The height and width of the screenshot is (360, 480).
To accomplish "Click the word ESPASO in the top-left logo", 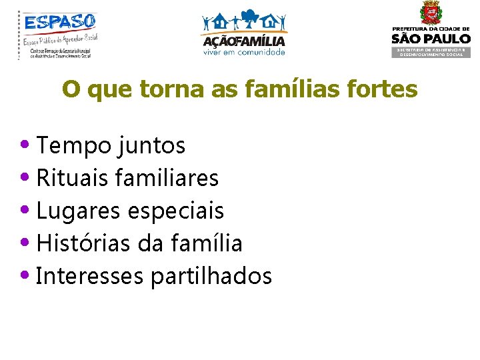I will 61,23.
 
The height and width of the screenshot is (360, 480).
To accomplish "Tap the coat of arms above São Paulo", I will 430,13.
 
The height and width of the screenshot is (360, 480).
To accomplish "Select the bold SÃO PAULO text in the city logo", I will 430,39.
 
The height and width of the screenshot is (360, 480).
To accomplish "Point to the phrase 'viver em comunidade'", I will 244,52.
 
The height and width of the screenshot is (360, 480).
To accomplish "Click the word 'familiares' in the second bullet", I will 167,177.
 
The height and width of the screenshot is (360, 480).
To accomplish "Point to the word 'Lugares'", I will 75,211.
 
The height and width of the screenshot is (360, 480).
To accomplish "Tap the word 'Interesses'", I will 90,275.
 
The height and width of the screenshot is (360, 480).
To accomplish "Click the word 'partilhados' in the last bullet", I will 211,275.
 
